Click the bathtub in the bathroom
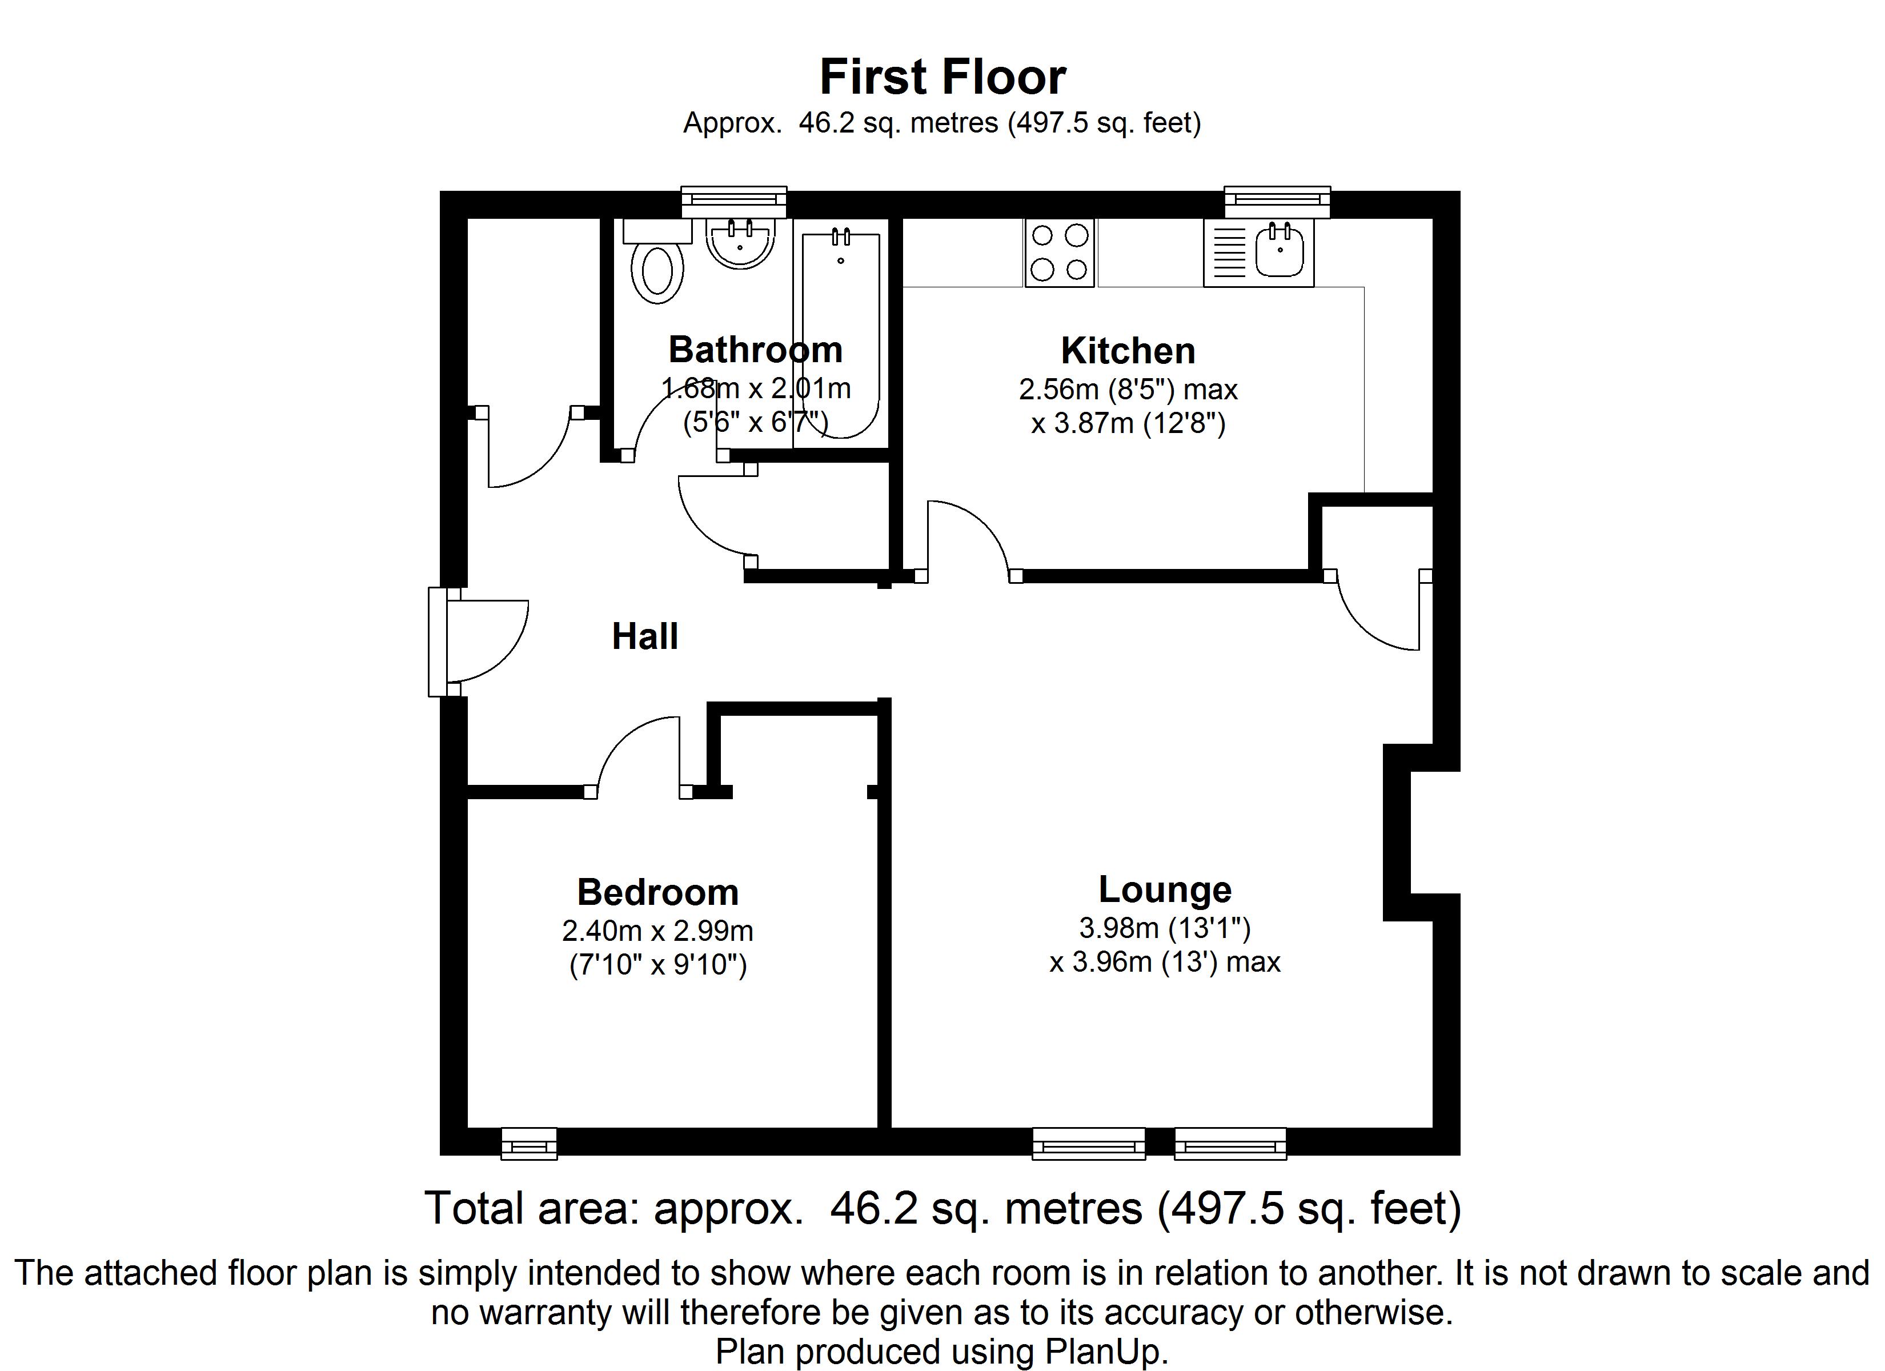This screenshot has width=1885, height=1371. pos(840,332)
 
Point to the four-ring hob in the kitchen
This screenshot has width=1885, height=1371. pos(1060,252)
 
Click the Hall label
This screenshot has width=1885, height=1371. pos(645,637)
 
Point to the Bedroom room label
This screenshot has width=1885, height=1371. pos(657,893)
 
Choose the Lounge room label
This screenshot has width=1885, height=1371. pos(1164,889)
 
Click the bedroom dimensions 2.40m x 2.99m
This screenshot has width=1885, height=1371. pos(657,931)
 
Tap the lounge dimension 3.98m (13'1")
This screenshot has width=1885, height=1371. pos(1164,927)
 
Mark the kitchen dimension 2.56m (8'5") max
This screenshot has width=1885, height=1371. pos(1128,389)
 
